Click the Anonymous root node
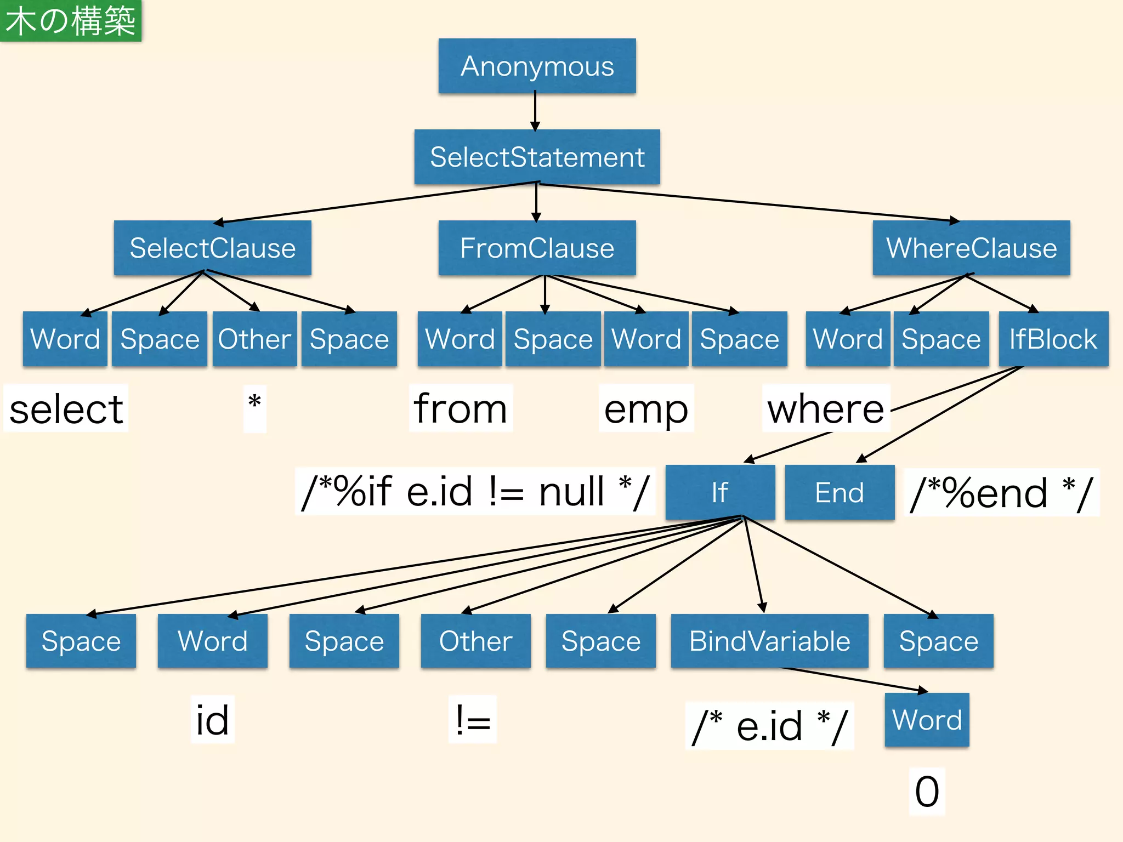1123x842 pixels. pyautogui.click(x=537, y=66)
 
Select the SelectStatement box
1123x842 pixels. pyautogui.click(x=537, y=157)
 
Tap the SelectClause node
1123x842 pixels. pyautogui.click(x=212, y=248)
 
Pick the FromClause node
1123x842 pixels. pyautogui.click(x=537, y=248)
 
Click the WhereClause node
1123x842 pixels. pyautogui.click(x=971, y=248)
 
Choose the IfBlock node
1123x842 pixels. pyautogui.click(x=1053, y=339)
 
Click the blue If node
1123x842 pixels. pyautogui.click(x=720, y=492)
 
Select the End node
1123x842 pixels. pyautogui.click(x=840, y=492)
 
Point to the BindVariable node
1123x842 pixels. pyautogui.click(x=769, y=641)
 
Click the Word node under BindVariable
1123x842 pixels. pyautogui.click(x=927, y=720)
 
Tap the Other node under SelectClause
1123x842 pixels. pyautogui.click(x=254, y=339)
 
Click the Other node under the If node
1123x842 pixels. pyautogui.click(x=475, y=641)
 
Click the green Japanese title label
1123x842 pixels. pyautogui.click(x=71, y=21)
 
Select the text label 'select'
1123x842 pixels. pyautogui.click(x=66, y=409)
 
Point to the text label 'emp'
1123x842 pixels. pyautogui.click(x=646, y=409)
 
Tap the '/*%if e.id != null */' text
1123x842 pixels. pyautogui.click(x=475, y=491)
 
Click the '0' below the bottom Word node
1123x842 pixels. pyautogui.click(x=927, y=792)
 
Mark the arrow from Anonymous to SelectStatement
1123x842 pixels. pyautogui.click(x=535, y=111)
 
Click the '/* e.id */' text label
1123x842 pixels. pyautogui.click(x=769, y=726)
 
